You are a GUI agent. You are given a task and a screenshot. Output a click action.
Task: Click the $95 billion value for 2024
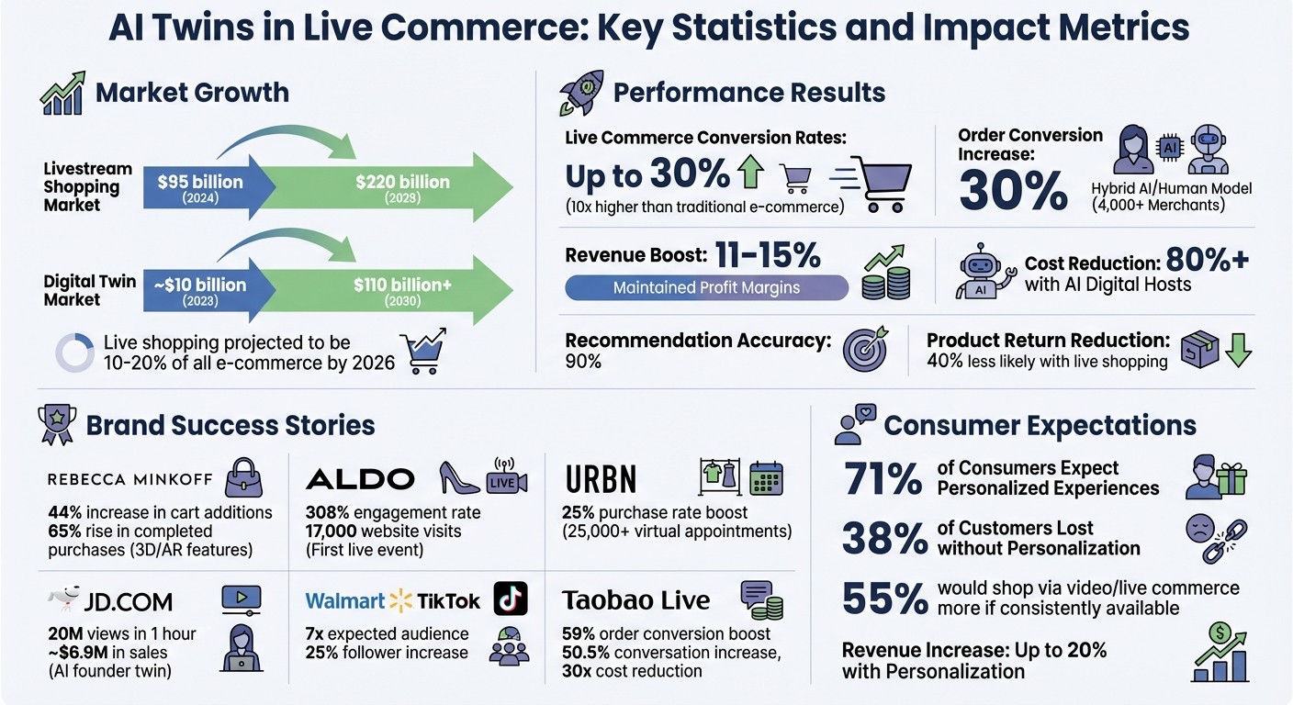point(200,182)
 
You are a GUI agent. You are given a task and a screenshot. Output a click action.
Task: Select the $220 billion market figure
point(402,182)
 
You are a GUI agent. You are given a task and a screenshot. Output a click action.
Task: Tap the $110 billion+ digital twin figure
point(402,285)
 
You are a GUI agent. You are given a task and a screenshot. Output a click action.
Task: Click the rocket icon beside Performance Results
point(580,93)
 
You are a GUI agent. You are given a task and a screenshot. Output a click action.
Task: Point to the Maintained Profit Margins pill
point(706,287)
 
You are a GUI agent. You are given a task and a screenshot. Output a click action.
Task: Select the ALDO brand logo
point(359,478)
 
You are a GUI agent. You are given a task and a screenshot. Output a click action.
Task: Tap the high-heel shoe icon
point(459,477)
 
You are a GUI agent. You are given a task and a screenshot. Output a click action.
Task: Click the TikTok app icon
point(511,599)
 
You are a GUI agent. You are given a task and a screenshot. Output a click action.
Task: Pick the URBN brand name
point(602,478)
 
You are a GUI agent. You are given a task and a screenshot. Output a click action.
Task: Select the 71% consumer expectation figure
point(882,478)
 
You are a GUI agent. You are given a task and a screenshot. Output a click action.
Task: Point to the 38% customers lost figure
point(883,538)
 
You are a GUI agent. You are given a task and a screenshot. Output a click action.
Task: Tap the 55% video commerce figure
point(883,598)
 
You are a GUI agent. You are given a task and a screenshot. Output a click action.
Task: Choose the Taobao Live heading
point(635,600)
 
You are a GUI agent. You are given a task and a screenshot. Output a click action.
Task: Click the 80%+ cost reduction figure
point(1207,261)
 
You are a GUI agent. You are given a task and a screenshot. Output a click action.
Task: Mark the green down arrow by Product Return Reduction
point(1239,350)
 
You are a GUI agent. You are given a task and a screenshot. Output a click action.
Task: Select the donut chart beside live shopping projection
point(74,352)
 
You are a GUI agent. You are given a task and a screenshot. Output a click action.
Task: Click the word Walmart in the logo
point(344,601)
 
